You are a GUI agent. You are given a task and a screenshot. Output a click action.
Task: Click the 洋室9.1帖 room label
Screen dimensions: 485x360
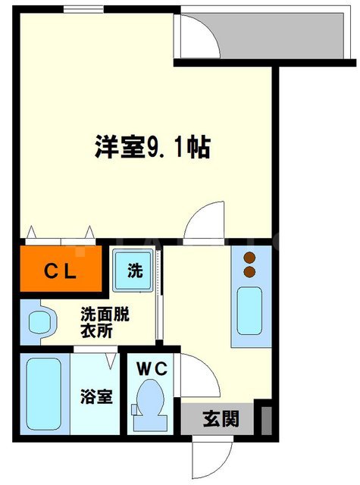(152, 147)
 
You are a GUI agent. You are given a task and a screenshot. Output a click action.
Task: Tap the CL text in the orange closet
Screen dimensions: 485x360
(58, 271)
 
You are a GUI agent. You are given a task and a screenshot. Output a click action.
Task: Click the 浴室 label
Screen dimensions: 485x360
(98, 396)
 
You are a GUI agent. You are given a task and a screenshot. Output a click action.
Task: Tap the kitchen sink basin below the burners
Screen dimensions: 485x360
(249, 312)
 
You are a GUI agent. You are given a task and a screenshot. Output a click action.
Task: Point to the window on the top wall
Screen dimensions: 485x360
(83, 9)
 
